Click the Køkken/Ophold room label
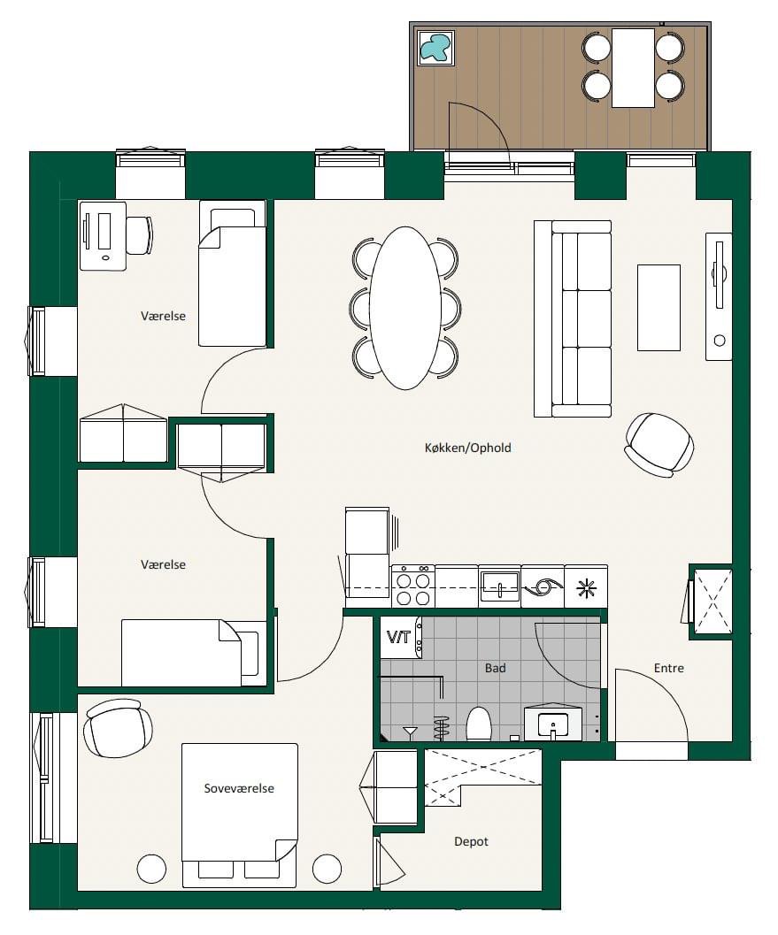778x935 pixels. pos(467,448)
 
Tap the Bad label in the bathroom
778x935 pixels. pos(495,668)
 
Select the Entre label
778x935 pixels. pos(669,668)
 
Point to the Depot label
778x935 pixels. pos(472,841)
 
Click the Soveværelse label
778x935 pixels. pos(239,788)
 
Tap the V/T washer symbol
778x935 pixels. pos(398,637)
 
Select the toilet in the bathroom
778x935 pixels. pos(479,724)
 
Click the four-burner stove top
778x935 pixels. pos(412,586)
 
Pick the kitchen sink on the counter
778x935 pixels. pos(500,586)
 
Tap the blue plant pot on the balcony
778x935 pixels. pos(435,48)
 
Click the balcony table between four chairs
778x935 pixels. pos(633,67)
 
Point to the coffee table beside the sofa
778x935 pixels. pos(659,308)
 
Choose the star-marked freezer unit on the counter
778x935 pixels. pos(586,586)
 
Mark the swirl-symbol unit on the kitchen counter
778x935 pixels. pos(543,586)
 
